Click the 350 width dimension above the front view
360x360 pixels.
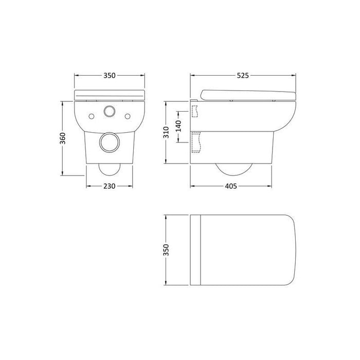(x=109, y=75)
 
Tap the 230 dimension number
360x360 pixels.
(x=109, y=186)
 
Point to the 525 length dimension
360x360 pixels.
(x=243, y=75)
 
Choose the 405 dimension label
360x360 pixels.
(x=231, y=186)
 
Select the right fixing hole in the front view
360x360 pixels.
(x=127, y=116)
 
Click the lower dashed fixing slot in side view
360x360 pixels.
(x=195, y=142)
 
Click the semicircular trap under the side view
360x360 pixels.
(x=234, y=170)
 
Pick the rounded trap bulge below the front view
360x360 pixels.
(x=109, y=170)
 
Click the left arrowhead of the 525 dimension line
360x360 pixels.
(x=193, y=75)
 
